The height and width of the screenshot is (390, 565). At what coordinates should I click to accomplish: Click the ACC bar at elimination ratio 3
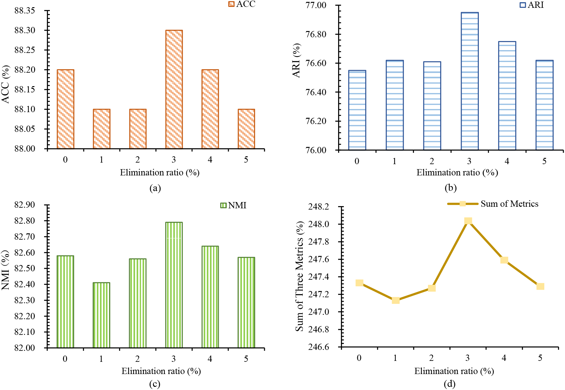(x=174, y=89)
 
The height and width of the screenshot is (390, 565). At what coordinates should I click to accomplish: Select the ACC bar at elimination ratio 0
(x=65, y=109)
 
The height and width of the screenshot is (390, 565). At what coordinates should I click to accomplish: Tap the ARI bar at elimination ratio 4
(x=507, y=96)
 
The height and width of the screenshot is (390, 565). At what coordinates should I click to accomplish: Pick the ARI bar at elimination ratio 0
(x=357, y=110)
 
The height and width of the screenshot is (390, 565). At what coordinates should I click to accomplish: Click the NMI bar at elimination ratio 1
(x=102, y=315)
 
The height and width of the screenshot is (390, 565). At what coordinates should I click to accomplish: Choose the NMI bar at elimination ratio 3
(x=174, y=285)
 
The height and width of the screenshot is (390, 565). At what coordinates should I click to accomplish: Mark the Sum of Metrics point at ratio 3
(x=468, y=221)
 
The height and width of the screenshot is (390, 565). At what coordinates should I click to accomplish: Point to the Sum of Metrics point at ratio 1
(x=395, y=300)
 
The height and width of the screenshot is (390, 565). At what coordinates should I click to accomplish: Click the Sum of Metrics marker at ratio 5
(x=540, y=286)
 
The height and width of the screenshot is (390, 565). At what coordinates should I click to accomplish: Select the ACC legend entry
(x=242, y=4)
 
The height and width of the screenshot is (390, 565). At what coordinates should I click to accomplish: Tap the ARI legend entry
(x=532, y=5)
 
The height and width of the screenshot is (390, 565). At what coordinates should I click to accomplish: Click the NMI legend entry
(x=233, y=205)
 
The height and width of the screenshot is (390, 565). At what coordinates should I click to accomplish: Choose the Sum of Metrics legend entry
(x=493, y=204)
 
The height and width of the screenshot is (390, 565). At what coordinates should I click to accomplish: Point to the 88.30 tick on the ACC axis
(x=25, y=30)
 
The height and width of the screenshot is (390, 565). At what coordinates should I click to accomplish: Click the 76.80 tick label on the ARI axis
(x=316, y=34)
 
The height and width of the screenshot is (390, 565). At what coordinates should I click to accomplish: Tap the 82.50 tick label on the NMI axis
(x=25, y=268)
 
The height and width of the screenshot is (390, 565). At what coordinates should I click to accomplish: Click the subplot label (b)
(x=450, y=188)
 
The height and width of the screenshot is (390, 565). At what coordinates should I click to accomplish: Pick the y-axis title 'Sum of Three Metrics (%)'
(x=300, y=276)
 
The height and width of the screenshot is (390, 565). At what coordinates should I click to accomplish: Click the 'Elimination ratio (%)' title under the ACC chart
(x=160, y=173)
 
